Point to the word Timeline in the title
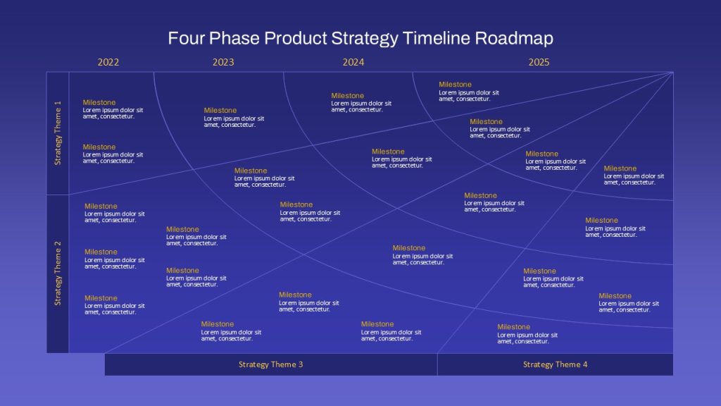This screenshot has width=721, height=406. [x=437, y=38]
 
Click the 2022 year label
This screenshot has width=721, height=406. [x=108, y=62]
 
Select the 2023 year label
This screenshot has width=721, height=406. [x=223, y=62]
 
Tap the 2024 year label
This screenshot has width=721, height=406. [x=353, y=62]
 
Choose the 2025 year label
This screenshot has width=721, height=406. [x=539, y=62]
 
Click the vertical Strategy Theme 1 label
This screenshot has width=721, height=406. [x=58, y=133]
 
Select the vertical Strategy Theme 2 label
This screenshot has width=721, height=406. [x=58, y=273]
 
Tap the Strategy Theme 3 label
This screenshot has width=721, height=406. [x=271, y=364]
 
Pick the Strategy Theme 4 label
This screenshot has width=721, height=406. [x=555, y=364]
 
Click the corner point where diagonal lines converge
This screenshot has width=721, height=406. [x=672, y=72]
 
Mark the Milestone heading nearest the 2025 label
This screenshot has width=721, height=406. [x=455, y=85]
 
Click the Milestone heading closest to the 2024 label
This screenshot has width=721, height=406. [x=347, y=96]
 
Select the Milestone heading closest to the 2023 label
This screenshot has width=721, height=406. [x=220, y=110]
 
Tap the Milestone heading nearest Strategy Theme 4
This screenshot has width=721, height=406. [x=513, y=327]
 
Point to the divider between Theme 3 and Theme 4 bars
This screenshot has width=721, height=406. [x=437, y=364]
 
